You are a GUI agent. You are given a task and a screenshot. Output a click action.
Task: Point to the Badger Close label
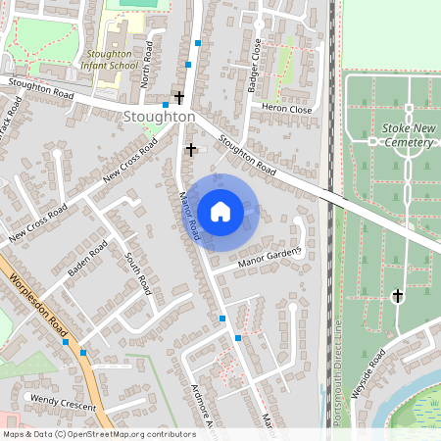point(256,66)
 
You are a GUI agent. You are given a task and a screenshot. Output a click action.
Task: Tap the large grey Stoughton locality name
point(160,117)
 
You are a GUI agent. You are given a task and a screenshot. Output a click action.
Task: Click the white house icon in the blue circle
point(220,211)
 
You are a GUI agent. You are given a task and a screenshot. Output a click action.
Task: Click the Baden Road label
point(86,260)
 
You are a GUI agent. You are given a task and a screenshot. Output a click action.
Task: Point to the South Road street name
point(138,273)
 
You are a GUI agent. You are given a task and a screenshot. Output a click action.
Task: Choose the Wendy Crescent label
point(64,400)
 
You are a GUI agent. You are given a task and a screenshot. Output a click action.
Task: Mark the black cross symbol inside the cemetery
point(398,295)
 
